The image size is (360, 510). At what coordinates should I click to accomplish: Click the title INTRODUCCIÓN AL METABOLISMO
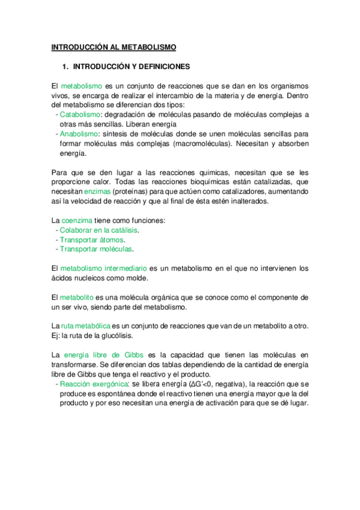tap(114, 46)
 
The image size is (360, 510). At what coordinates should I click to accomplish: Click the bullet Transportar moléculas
tap(96, 249)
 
